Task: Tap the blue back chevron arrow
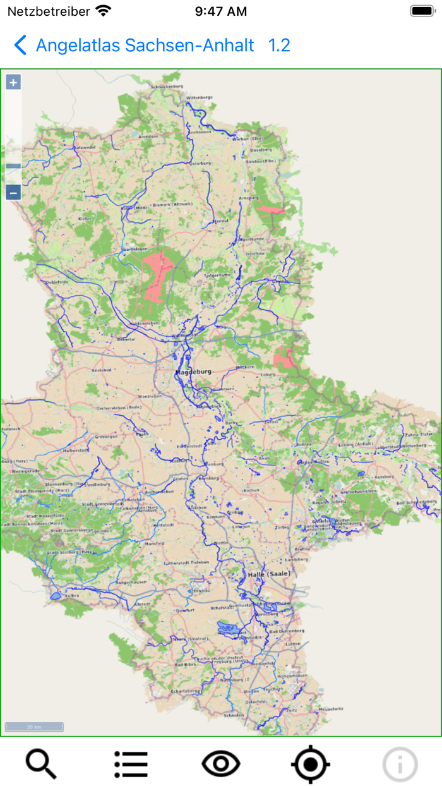click(x=20, y=45)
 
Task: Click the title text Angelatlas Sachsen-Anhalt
click(x=145, y=45)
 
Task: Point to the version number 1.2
click(x=279, y=45)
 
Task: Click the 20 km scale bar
click(x=34, y=727)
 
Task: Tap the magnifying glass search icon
click(x=41, y=764)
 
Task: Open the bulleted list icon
click(x=131, y=764)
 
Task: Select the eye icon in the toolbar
click(x=221, y=764)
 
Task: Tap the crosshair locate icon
click(x=311, y=764)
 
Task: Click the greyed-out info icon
click(x=400, y=764)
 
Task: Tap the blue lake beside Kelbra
click(x=56, y=595)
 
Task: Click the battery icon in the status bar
click(x=421, y=11)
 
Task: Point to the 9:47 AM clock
click(x=220, y=11)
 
